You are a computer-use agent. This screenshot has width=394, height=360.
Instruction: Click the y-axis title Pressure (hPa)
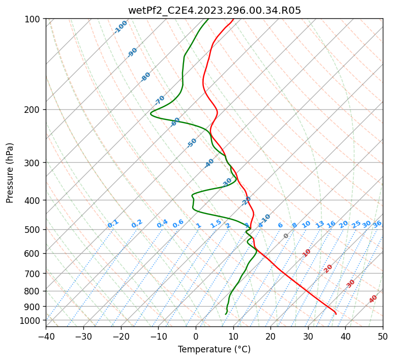(x=10, y=173)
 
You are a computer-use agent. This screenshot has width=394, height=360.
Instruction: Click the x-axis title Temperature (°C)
(x=214, y=349)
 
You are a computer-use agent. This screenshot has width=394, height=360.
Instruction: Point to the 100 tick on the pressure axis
(x=33, y=19)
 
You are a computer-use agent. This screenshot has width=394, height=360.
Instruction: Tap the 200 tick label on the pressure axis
(x=33, y=109)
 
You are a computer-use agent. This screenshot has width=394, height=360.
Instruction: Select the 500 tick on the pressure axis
(x=33, y=229)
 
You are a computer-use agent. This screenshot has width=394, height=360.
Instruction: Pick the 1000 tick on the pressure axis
(x=31, y=320)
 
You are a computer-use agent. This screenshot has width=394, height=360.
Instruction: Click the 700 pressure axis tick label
(x=33, y=274)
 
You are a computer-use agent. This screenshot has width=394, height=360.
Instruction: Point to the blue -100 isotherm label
(x=120, y=27)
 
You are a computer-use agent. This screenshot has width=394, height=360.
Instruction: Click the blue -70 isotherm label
(x=160, y=100)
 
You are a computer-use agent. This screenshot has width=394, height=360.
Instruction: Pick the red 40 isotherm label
(x=373, y=299)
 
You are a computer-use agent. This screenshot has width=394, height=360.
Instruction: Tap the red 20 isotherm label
(x=328, y=268)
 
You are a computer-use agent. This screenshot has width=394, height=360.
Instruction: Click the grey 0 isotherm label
(x=286, y=236)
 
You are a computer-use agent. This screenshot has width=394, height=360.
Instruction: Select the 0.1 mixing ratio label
(x=113, y=223)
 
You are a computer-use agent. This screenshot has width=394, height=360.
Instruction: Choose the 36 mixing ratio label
(x=377, y=224)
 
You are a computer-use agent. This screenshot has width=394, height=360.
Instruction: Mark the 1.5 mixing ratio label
(x=216, y=223)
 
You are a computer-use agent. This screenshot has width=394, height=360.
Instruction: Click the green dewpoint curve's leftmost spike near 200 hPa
(x=151, y=113)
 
